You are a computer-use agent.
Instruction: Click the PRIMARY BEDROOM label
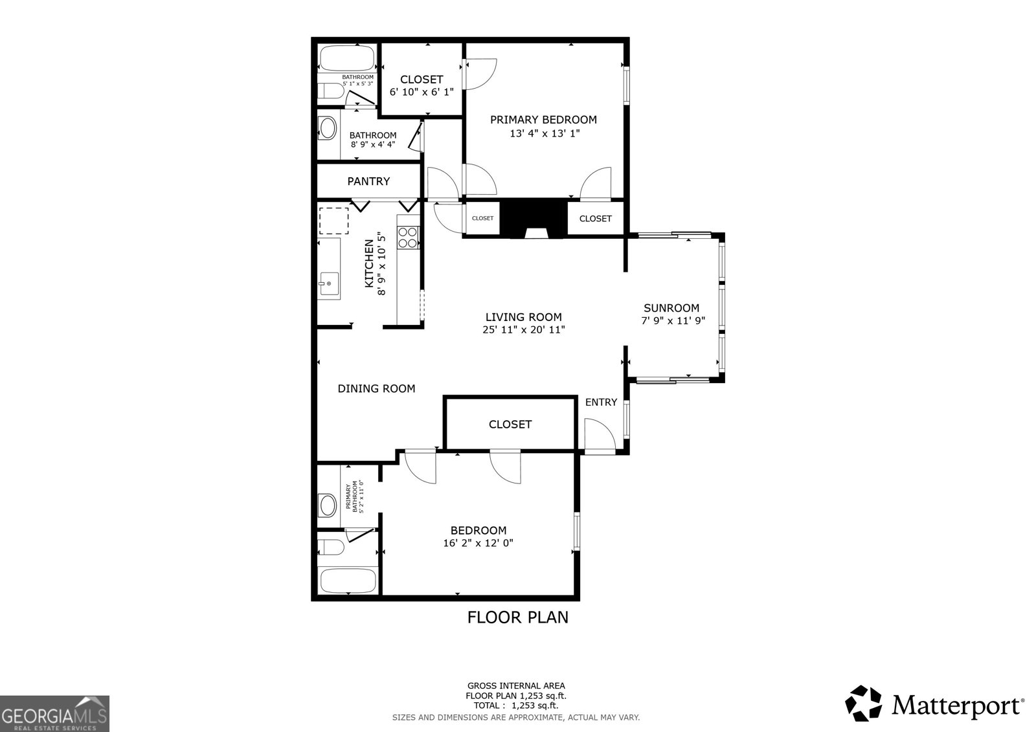pos(543,120)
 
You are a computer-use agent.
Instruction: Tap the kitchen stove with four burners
pos(408,238)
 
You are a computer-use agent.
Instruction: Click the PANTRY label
pos(368,181)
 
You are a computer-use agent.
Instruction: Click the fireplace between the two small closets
pos(534,220)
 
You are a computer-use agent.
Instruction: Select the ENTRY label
pos(601,403)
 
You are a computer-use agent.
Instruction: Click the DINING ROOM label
pos(376,388)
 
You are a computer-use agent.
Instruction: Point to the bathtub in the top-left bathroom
pos(347,58)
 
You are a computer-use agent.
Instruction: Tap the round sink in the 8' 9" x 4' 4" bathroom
pos(328,128)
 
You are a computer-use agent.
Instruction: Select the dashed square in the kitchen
pos(334,221)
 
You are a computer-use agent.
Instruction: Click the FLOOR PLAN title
pos(517,617)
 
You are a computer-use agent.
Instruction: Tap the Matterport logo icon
pos(864,703)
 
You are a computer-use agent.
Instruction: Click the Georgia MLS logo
pos(54,713)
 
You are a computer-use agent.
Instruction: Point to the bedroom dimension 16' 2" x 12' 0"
pos(478,544)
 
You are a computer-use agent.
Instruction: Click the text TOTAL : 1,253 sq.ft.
pos(516,705)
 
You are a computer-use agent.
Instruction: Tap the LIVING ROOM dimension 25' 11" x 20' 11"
pos(523,329)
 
